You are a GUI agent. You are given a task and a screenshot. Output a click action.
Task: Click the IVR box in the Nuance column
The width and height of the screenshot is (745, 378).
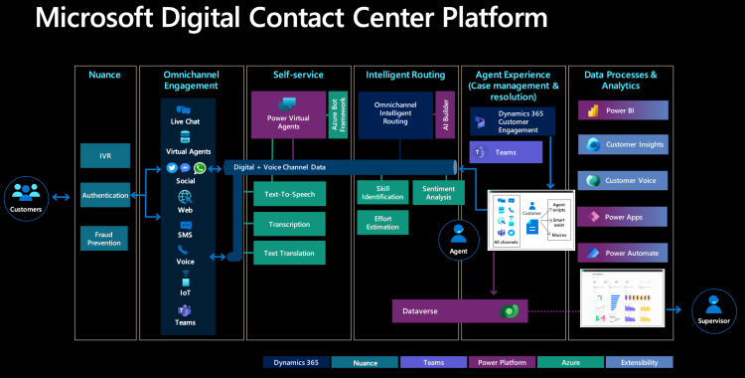[105, 155]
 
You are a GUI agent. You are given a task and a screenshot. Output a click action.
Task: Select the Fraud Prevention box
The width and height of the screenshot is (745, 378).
[105, 239]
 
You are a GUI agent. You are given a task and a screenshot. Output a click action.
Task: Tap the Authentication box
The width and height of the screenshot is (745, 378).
[105, 196]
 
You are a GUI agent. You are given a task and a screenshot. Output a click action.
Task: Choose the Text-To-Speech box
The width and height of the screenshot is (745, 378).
[289, 194]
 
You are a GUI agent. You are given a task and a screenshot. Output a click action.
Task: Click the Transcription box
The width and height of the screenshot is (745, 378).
[289, 224]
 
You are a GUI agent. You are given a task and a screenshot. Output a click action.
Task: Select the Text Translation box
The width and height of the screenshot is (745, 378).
[289, 254]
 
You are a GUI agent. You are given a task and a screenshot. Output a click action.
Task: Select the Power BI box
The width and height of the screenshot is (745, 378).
[621, 110]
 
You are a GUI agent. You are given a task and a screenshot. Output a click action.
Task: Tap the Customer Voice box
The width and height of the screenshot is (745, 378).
[621, 180]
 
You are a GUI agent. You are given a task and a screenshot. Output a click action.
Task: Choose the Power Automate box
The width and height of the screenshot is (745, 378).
[621, 253]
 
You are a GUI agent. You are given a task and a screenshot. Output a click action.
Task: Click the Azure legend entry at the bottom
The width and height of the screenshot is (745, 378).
[570, 362]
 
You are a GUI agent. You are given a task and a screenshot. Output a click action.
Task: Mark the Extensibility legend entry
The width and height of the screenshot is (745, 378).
[639, 362]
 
